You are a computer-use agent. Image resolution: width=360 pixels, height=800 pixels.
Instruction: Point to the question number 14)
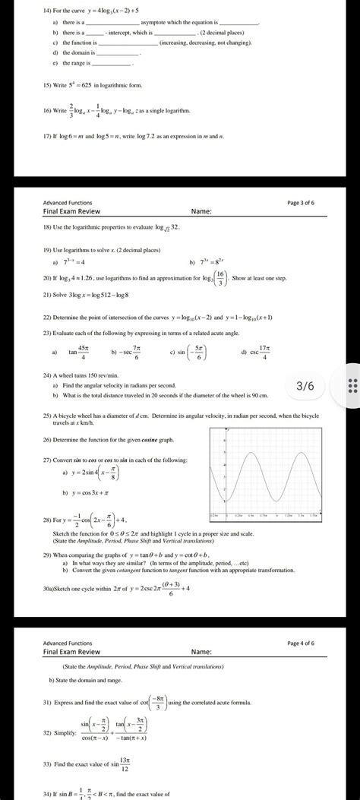coord(48,11)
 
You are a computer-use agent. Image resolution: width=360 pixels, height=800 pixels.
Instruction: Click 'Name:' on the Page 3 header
coord(201,210)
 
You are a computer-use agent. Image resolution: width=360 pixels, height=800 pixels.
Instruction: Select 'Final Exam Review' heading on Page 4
coord(72,652)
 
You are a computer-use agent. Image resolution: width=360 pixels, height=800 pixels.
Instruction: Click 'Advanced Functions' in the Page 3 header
coord(68,202)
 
